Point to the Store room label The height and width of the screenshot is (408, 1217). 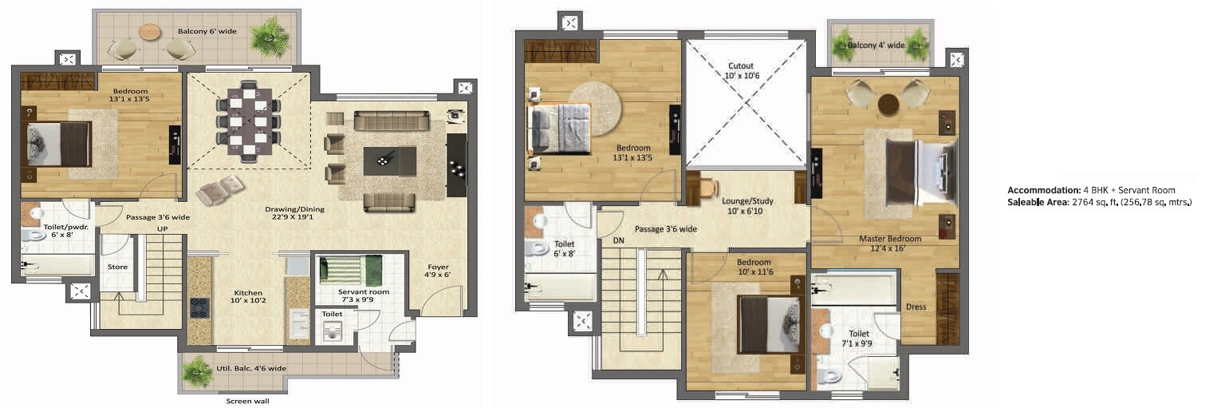[x=117, y=267]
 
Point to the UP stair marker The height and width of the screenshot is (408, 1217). [x=163, y=229]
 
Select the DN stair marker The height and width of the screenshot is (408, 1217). [x=618, y=239]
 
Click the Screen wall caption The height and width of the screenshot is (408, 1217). [x=248, y=401]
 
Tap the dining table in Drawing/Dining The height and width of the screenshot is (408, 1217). [x=248, y=121]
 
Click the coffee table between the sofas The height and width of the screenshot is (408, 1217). [x=389, y=161]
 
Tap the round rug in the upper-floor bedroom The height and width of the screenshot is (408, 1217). [x=593, y=107]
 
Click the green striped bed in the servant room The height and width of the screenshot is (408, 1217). [x=351, y=270]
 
